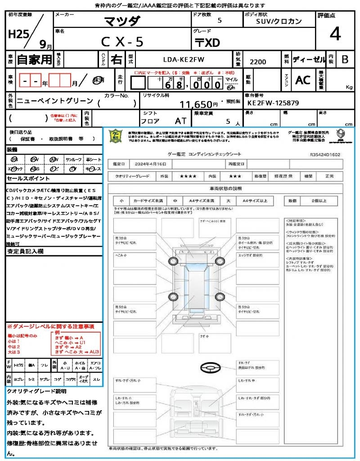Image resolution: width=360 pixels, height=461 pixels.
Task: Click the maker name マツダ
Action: point(122,21)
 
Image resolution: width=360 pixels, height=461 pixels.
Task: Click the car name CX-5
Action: point(122,42)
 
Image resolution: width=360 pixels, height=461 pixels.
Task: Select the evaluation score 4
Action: point(335,34)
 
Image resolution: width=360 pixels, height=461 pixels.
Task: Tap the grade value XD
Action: point(208,43)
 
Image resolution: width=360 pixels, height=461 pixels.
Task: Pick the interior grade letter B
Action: point(345,59)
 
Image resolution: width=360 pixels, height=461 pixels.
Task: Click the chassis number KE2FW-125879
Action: point(273,103)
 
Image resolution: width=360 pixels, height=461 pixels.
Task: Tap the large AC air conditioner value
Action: point(303,80)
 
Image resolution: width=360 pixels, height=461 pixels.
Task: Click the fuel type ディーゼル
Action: point(309,59)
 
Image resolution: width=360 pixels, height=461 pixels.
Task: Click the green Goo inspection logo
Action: point(116,136)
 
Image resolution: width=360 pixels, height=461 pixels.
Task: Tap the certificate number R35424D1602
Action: point(325,154)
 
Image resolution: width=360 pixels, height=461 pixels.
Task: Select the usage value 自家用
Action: point(35,59)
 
